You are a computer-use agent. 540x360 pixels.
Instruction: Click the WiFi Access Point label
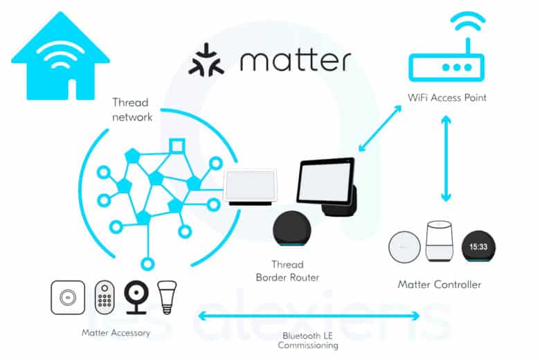click(447, 98)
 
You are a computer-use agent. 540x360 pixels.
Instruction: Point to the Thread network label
click(132, 109)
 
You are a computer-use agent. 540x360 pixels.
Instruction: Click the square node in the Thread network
click(178, 146)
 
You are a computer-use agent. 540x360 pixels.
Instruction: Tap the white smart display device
click(252, 188)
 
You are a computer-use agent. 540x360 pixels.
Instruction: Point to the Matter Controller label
click(439, 285)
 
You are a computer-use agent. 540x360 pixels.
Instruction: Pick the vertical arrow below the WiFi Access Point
click(446, 160)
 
